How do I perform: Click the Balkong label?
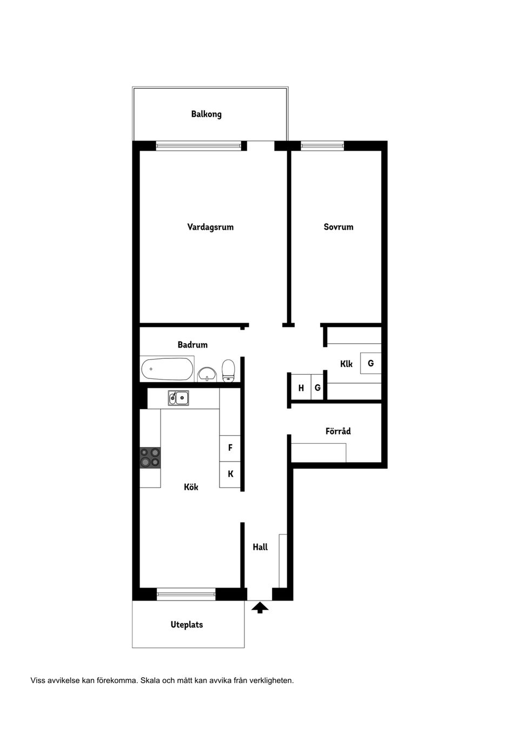pos(206,115)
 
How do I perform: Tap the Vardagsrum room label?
pos(210,227)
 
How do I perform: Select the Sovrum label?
pos(338,227)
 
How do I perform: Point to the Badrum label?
pos(192,345)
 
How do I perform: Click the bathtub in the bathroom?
pos(167,369)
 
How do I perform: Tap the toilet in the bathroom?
pos(228,371)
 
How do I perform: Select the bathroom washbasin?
pos(207,374)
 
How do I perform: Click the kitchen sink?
pos(178,398)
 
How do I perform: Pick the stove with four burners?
pos(150,458)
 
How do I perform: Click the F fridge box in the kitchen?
pos(230,448)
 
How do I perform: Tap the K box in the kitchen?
pos(230,475)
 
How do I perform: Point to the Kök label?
pos(191,487)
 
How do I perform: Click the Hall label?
pos(260,547)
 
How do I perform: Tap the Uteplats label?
pos(187,625)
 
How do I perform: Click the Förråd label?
pos(338,431)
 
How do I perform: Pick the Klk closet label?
pos(347,364)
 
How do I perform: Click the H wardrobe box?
pos(301,388)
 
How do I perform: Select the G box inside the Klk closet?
pos(371,363)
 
